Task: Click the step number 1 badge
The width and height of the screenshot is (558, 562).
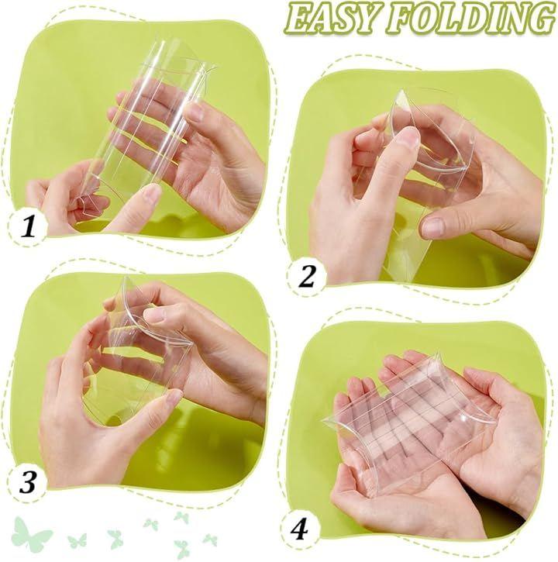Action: coord(28,226)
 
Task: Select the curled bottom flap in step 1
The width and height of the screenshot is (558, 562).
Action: coord(86,202)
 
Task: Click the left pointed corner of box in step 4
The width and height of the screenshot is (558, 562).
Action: coord(323,420)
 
